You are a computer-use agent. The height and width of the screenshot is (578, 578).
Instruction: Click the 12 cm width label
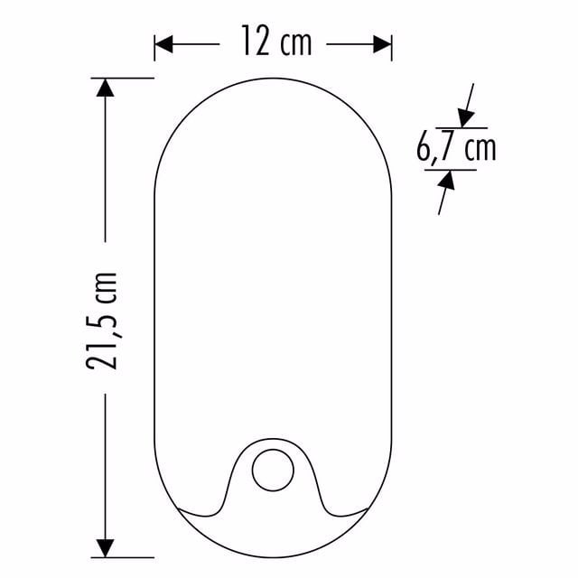(x=276, y=41)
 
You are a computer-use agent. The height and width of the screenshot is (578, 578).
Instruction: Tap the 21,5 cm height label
(x=101, y=321)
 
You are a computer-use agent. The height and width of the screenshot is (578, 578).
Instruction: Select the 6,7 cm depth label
(x=456, y=148)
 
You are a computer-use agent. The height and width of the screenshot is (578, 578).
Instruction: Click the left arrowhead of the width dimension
(x=163, y=44)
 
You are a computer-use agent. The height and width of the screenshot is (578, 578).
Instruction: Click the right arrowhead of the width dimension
(x=382, y=44)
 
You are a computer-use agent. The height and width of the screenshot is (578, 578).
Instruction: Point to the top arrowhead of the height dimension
(x=105, y=88)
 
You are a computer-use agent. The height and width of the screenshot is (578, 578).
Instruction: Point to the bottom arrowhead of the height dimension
(x=105, y=548)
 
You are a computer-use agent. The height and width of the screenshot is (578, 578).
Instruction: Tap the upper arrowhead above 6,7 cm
(x=466, y=118)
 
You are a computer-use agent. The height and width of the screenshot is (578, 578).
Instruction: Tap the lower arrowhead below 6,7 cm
(x=447, y=181)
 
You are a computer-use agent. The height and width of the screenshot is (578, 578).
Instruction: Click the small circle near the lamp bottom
(x=273, y=470)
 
